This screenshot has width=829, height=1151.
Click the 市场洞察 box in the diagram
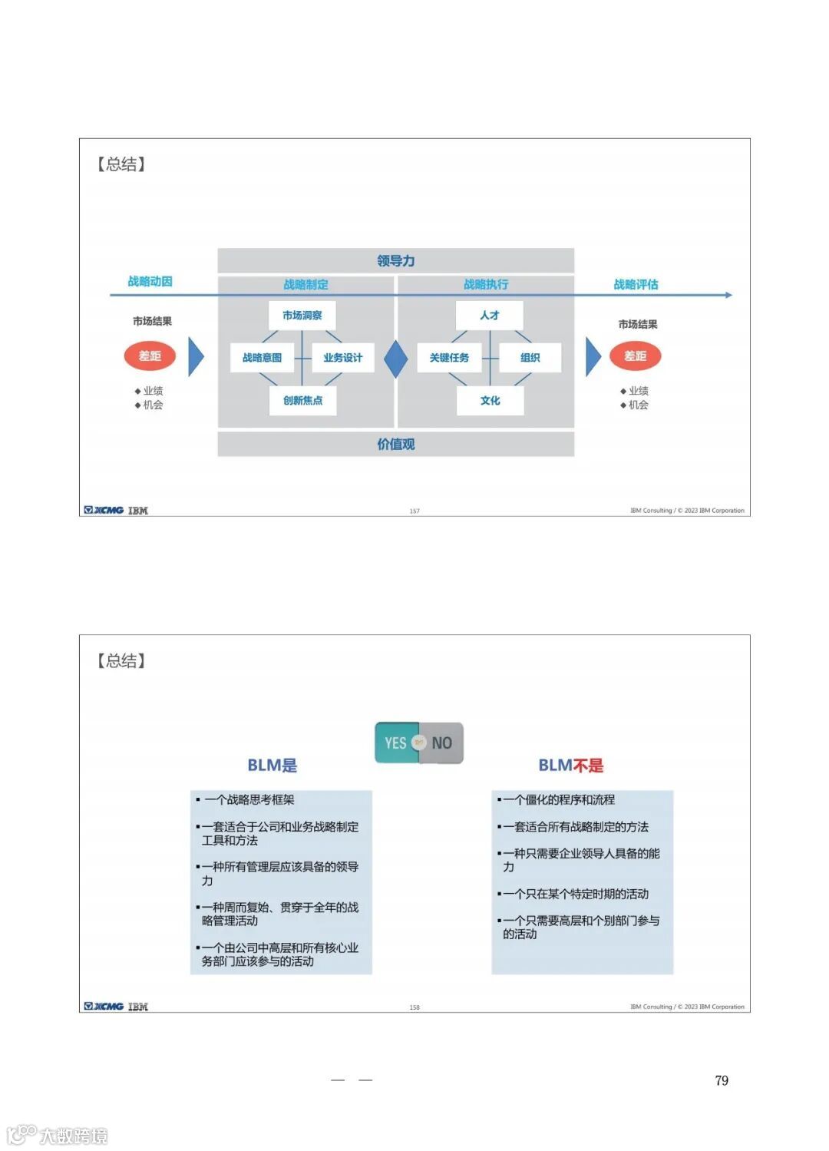click(x=302, y=316)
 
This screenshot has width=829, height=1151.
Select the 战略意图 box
click(x=263, y=358)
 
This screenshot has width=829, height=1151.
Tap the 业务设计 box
click(x=342, y=358)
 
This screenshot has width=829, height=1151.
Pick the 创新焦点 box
click(x=302, y=401)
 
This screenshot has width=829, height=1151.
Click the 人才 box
click(x=490, y=316)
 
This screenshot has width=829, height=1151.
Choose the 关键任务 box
click(x=449, y=358)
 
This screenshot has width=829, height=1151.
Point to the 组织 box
click(x=530, y=358)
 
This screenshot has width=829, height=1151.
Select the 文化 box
click(x=490, y=401)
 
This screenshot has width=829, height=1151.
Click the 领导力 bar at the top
click(x=395, y=261)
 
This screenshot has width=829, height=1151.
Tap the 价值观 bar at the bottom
click(x=395, y=445)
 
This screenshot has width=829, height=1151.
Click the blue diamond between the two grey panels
click(x=395, y=359)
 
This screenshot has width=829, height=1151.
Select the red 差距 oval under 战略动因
click(x=150, y=356)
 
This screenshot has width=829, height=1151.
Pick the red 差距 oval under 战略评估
click(x=635, y=356)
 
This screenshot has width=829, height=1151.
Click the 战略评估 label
click(x=636, y=285)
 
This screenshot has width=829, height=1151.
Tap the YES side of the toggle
click(x=396, y=743)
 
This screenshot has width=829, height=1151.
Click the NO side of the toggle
click(x=442, y=743)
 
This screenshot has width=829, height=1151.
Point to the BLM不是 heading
click(x=570, y=766)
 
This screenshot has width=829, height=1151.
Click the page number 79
click(x=722, y=1080)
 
